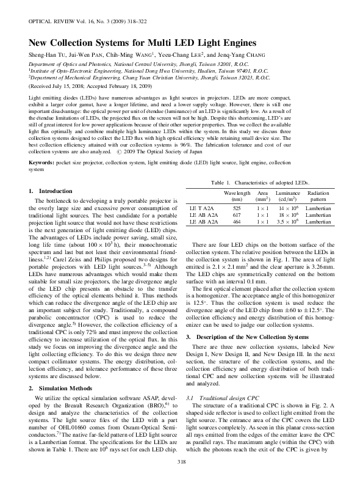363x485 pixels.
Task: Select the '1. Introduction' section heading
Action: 51,191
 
